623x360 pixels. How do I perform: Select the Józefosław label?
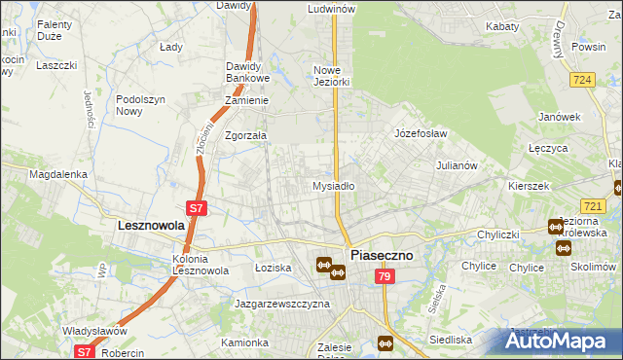click(x=420, y=132)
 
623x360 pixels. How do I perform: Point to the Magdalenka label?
click(x=58, y=174)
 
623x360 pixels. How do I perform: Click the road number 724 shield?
click(x=584, y=80)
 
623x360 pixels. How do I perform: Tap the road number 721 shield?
click(x=592, y=205)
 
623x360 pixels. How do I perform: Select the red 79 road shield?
click(x=384, y=277)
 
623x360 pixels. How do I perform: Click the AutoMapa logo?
click(x=561, y=341)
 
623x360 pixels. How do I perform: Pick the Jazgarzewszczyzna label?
click(x=281, y=304)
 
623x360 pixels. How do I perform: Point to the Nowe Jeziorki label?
click(x=331, y=76)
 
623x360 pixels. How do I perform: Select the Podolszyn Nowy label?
click(x=143, y=105)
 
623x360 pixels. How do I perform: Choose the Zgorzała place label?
click(x=245, y=136)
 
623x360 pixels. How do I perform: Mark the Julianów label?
click(x=457, y=165)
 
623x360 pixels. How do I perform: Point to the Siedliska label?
click(x=451, y=341)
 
